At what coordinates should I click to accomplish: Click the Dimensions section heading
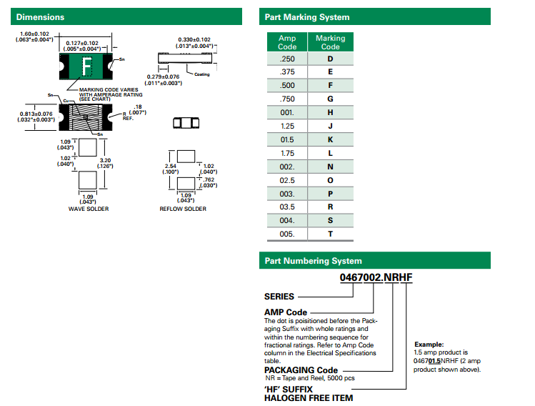coord(40,17)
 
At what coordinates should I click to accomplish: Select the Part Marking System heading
coord(307,17)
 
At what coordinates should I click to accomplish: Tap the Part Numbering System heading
coord(313,261)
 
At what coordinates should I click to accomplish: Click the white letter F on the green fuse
coord(87,68)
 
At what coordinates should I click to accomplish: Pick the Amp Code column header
coord(287,42)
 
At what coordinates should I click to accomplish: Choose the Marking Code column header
coord(330,42)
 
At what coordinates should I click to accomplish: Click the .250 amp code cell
coord(287,59)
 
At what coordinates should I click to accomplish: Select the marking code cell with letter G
coord(330,99)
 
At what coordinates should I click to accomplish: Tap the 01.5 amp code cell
coord(287,139)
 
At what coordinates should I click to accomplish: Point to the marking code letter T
coord(330,234)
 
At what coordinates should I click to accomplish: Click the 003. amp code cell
coord(287,194)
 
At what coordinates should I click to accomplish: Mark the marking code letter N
coord(330,167)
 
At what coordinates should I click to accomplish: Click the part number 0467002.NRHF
coord(376,279)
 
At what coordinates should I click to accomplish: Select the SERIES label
coord(279,296)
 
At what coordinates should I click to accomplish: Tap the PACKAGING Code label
coord(301,370)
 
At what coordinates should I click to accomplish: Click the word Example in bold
coord(429,344)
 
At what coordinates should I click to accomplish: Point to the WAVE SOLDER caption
coord(89,209)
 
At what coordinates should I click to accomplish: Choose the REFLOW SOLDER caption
coord(183,209)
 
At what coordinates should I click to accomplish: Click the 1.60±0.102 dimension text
coord(34,34)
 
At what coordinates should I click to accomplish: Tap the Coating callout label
coord(202,74)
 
